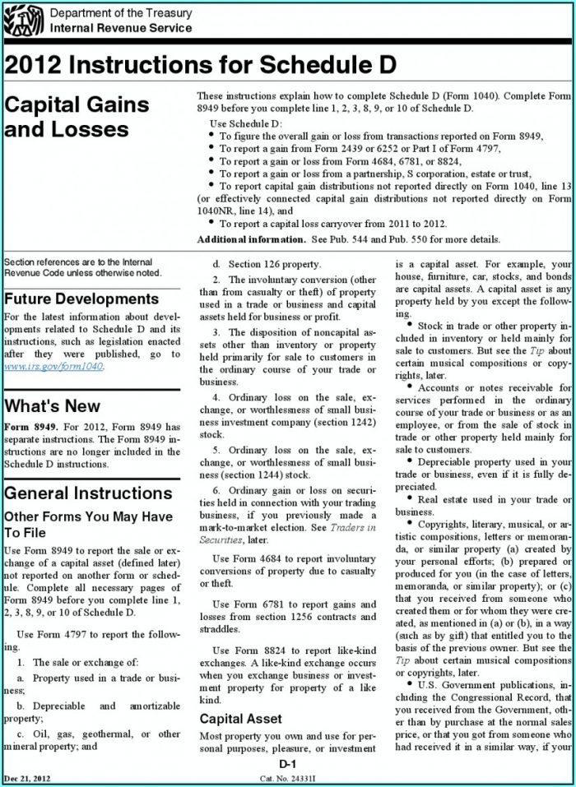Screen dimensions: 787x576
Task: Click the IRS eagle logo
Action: pos(24,20)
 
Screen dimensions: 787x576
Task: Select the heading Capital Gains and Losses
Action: pos(77,117)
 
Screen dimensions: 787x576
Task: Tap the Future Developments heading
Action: pos(81,299)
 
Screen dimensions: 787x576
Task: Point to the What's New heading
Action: pos(53,405)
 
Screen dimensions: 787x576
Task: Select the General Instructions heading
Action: pos(88,493)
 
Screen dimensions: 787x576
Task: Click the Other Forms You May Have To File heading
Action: pos(88,525)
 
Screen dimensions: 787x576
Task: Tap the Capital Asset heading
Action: pos(241,718)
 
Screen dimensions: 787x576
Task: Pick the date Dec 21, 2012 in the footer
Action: pos(26,777)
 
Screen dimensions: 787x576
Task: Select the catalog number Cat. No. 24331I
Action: pos(287,777)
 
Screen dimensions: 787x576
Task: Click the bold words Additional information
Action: pos(250,239)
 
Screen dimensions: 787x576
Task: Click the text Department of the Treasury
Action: pos(121,14)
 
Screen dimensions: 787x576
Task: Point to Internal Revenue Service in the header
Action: pos(121,28)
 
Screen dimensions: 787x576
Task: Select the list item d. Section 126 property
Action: pos(267,264)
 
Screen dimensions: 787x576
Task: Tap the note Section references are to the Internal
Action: pos(78,262)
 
